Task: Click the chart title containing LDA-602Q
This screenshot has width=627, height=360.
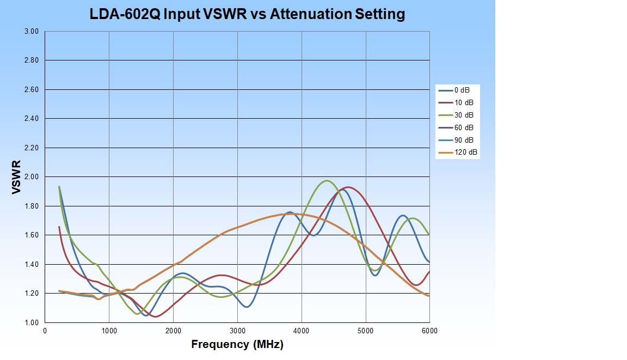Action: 248,14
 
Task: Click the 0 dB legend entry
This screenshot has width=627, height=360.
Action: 463,90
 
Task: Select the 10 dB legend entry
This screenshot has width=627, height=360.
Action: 464,102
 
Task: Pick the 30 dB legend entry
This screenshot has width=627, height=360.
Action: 464,115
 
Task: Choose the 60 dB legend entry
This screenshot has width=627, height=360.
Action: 464,127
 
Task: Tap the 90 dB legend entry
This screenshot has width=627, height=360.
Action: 464,140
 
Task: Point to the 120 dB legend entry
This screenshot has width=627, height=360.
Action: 466,152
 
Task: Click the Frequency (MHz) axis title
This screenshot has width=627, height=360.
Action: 237,344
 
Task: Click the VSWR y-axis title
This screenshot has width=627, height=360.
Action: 16,178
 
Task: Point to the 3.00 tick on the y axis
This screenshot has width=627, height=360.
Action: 32,32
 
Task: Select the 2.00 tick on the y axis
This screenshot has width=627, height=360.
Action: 32,177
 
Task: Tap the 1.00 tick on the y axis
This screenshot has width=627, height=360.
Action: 32,322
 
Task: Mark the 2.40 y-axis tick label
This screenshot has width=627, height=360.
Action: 32,119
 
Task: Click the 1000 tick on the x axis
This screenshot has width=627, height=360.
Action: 109,331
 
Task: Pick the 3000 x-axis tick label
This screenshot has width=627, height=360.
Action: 237,331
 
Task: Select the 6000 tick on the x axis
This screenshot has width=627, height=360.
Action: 429,331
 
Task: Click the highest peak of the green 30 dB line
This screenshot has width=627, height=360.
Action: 327,180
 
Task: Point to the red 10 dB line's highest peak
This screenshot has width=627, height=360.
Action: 348,187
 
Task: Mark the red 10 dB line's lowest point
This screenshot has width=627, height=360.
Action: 156,316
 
